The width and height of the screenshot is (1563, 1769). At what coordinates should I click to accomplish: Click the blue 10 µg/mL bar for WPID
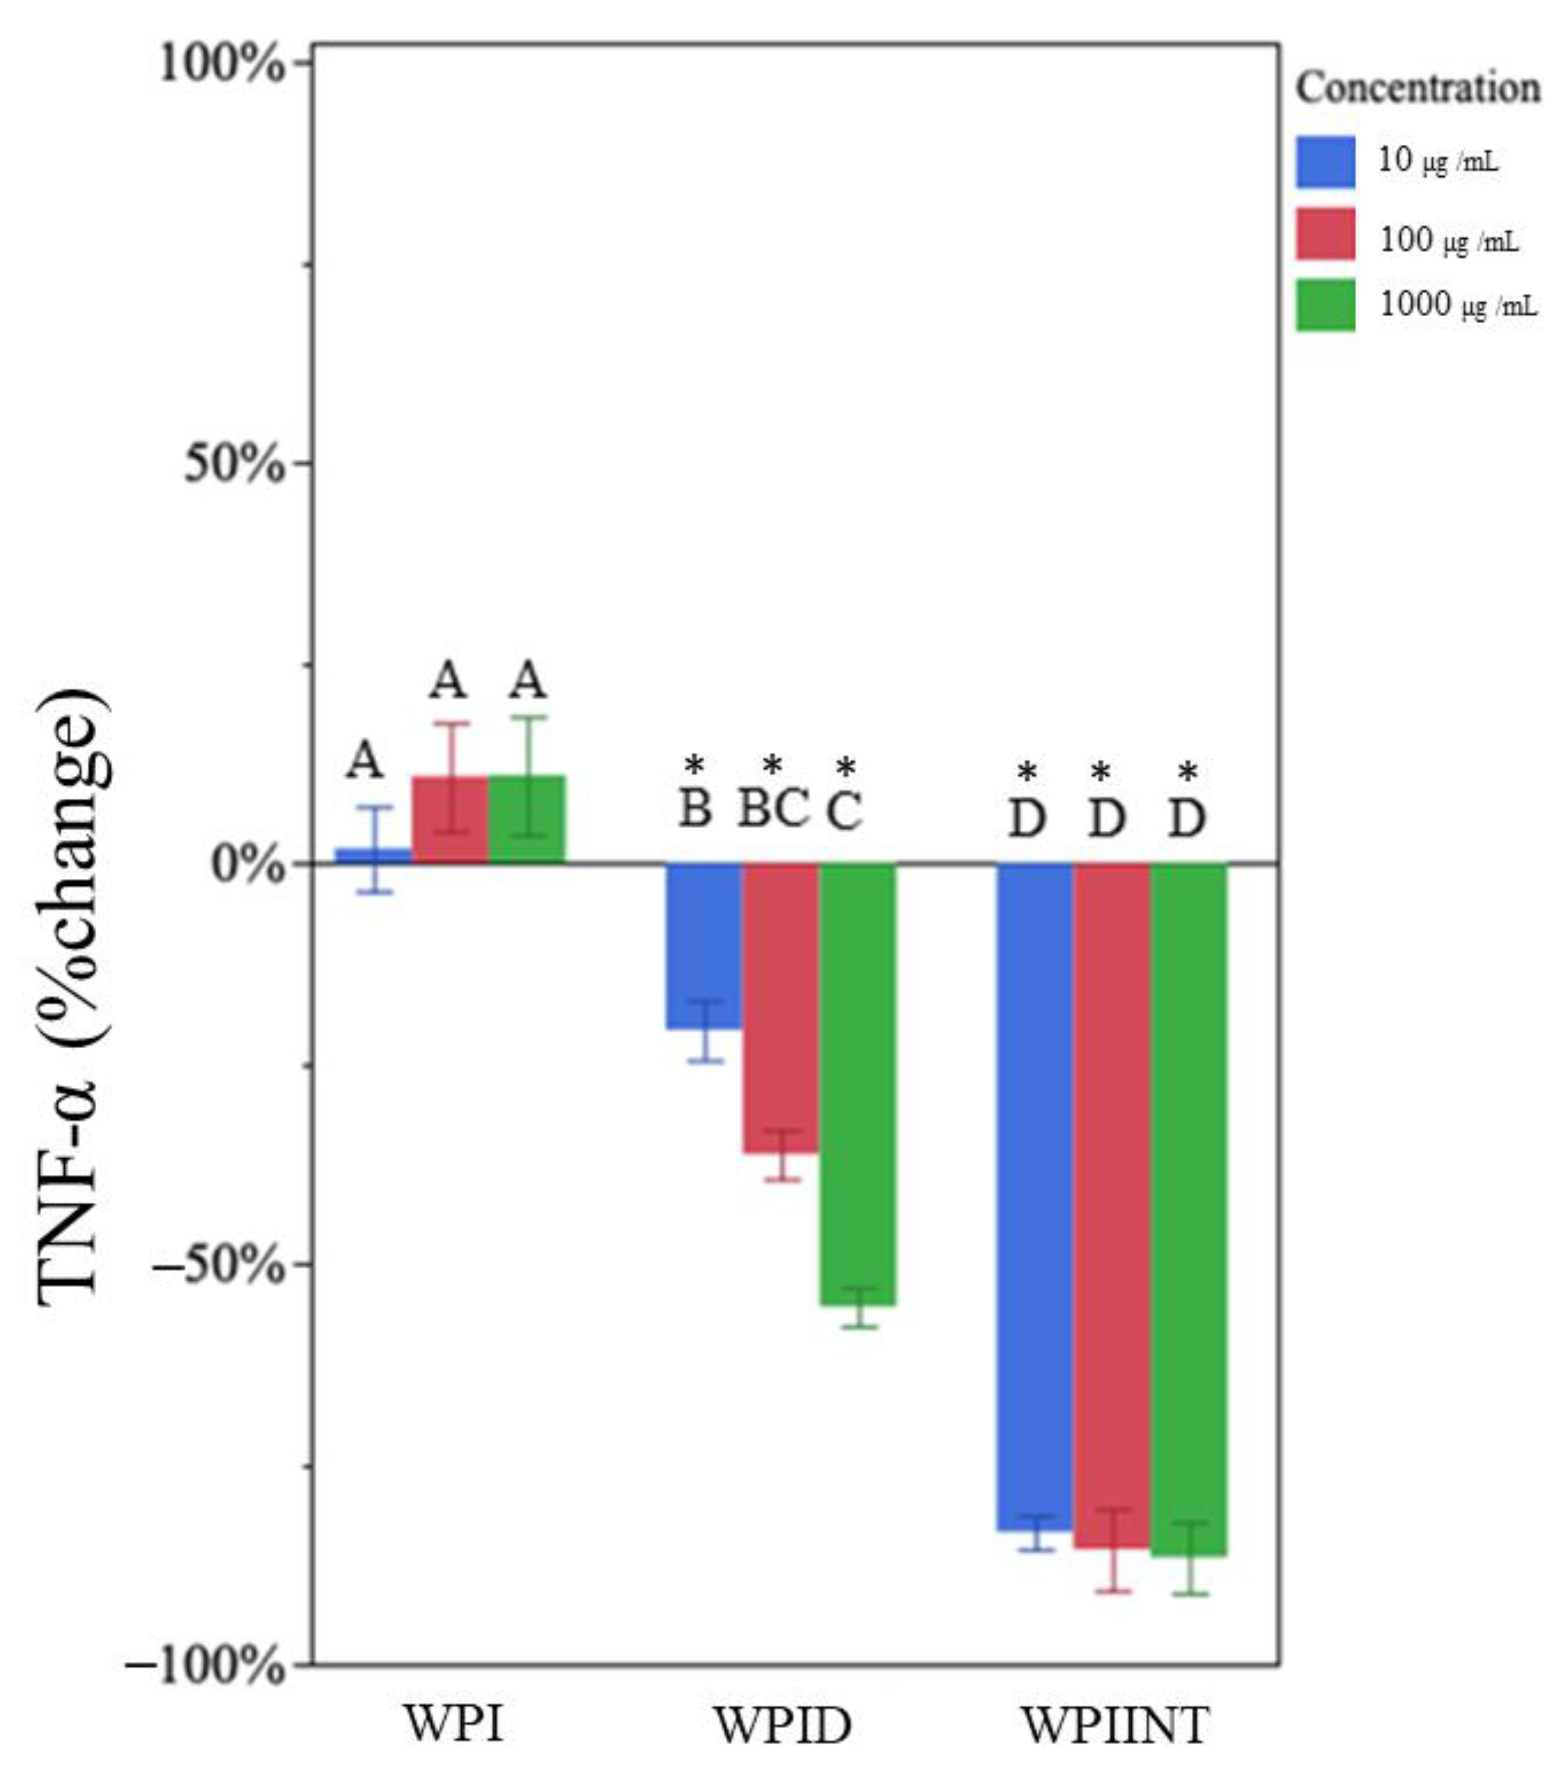703,945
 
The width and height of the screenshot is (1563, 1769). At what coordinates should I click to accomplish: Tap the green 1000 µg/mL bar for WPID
857,1082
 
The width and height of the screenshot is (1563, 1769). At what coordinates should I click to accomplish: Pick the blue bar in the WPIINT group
1034,1194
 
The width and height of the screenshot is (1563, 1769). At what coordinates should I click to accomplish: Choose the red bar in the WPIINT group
1111,1203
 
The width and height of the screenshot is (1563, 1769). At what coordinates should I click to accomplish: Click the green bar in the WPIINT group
1188,1207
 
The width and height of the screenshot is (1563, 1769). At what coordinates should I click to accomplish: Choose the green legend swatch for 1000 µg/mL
1324,305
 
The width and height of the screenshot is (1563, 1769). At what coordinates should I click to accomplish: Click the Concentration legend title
1417,88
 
